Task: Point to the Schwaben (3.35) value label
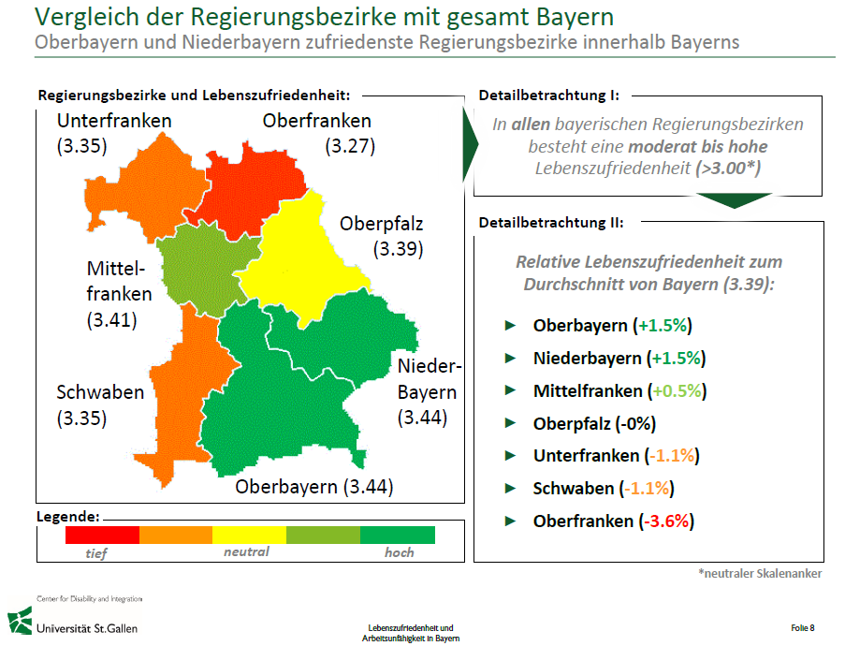pos(81,418)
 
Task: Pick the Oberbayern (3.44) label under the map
pos(313,487)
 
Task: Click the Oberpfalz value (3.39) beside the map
pos(398,249)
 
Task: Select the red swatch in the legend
pos(102,535)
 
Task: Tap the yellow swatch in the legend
pos(249,535)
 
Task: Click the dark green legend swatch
pos(398,535)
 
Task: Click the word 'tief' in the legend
pos(95,553)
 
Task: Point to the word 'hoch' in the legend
pos(400,552)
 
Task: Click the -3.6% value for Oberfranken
pos(667,521)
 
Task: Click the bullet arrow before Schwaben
pos(510,488)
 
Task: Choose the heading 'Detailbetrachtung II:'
pos(551,223)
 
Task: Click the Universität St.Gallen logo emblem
pos(19,621)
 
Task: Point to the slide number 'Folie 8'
pos(802,627)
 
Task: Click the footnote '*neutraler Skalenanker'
pos(760,573)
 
